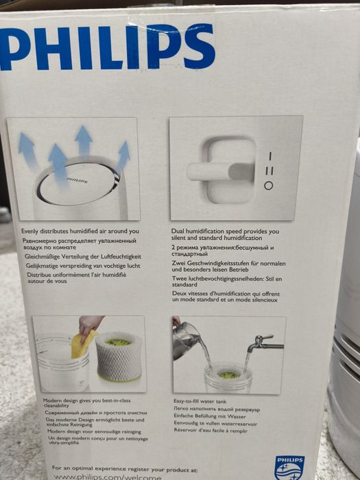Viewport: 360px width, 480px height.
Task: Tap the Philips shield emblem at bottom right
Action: pyautogui.click(x=289, y=467)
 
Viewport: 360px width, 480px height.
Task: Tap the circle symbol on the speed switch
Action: pyautogui.click(x=269, y=185)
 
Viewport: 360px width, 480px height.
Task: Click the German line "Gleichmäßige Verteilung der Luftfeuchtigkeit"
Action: pyautogui.click(x=88, y=254)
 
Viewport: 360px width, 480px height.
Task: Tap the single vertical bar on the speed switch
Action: pyautogui.click(x=269, y=156)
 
